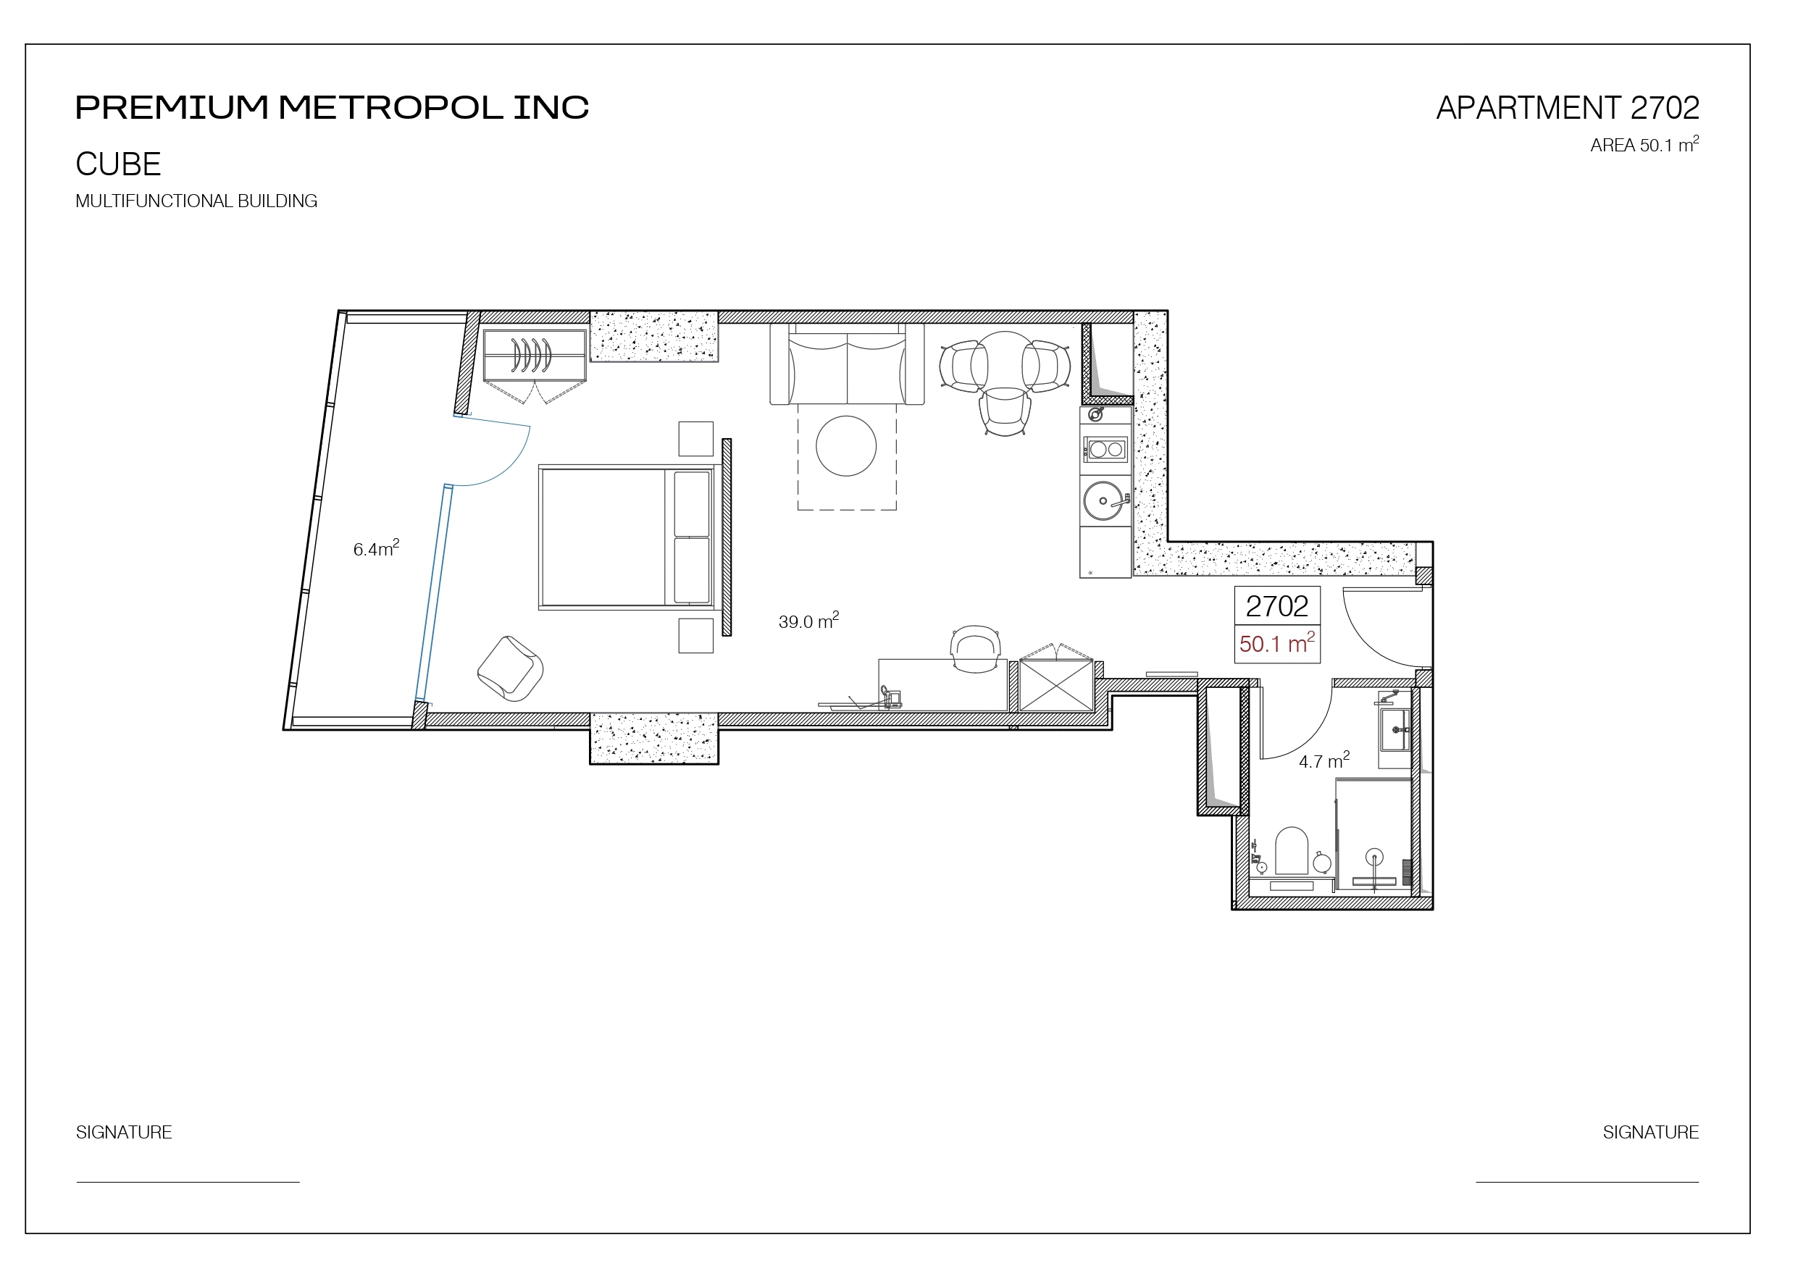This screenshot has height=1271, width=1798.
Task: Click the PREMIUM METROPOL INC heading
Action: click(332, 107)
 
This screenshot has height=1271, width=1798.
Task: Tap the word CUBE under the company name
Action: click(118, 164)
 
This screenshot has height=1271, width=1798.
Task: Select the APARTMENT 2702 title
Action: click(1568, 108)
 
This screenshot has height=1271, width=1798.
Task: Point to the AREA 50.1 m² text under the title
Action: click(1644, 145)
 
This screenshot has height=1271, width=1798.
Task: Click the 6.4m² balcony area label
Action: click(376, 548)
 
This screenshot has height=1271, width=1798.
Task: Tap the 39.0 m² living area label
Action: click(808, 621)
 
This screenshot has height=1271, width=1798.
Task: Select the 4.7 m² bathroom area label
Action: click(1324, 760)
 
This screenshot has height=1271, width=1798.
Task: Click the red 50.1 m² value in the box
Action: click(1277, 643)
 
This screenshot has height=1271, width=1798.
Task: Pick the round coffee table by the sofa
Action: click(845, 445)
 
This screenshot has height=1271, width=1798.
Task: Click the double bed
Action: click(627, 537)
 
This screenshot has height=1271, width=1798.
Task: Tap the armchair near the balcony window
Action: click(511, 668)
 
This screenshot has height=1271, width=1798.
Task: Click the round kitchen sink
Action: click(1103, 500)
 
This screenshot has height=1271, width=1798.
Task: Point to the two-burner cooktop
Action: click(1105, 450)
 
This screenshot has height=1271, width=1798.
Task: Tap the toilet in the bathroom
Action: click(1292, 851)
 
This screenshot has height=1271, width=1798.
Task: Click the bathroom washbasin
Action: click(1395, 729)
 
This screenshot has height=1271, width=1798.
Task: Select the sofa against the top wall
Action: click(847, 364)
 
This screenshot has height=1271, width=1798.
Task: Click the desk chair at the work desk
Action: click(975, 648)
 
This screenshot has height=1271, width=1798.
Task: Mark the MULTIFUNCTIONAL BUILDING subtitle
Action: click(196, 201)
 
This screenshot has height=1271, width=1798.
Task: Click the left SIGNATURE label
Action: click(124, 1133)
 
